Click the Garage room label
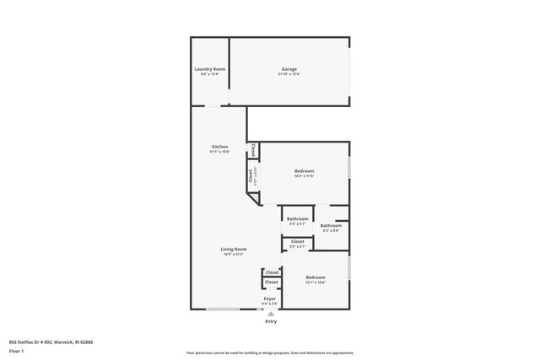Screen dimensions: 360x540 [x=289, y=69]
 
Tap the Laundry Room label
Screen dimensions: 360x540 [x=209, y=69]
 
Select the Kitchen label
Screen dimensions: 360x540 [x=219, y=147]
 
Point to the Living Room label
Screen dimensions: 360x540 [x=234, y=249]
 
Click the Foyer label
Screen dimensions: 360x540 [x=270, y=298]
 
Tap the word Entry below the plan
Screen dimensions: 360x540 [x=271, y=321]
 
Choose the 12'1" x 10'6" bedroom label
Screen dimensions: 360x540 [x=316, y=277]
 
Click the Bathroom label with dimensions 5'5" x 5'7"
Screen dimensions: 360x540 [x=298, y=219]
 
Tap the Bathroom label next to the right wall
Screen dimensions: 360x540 [x=331, y=225]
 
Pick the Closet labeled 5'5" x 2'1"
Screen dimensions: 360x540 [x=298, y=242]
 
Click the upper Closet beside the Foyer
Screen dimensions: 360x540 [x=272, y=272]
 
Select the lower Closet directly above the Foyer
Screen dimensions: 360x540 [x=271, y=282]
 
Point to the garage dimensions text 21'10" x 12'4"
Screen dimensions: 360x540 [x=289, y=74]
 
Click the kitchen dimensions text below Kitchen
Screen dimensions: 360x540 [x=219, y=152]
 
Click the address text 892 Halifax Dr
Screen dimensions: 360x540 [x=51, y=342]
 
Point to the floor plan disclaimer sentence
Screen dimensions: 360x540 [x=270, y=352]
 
